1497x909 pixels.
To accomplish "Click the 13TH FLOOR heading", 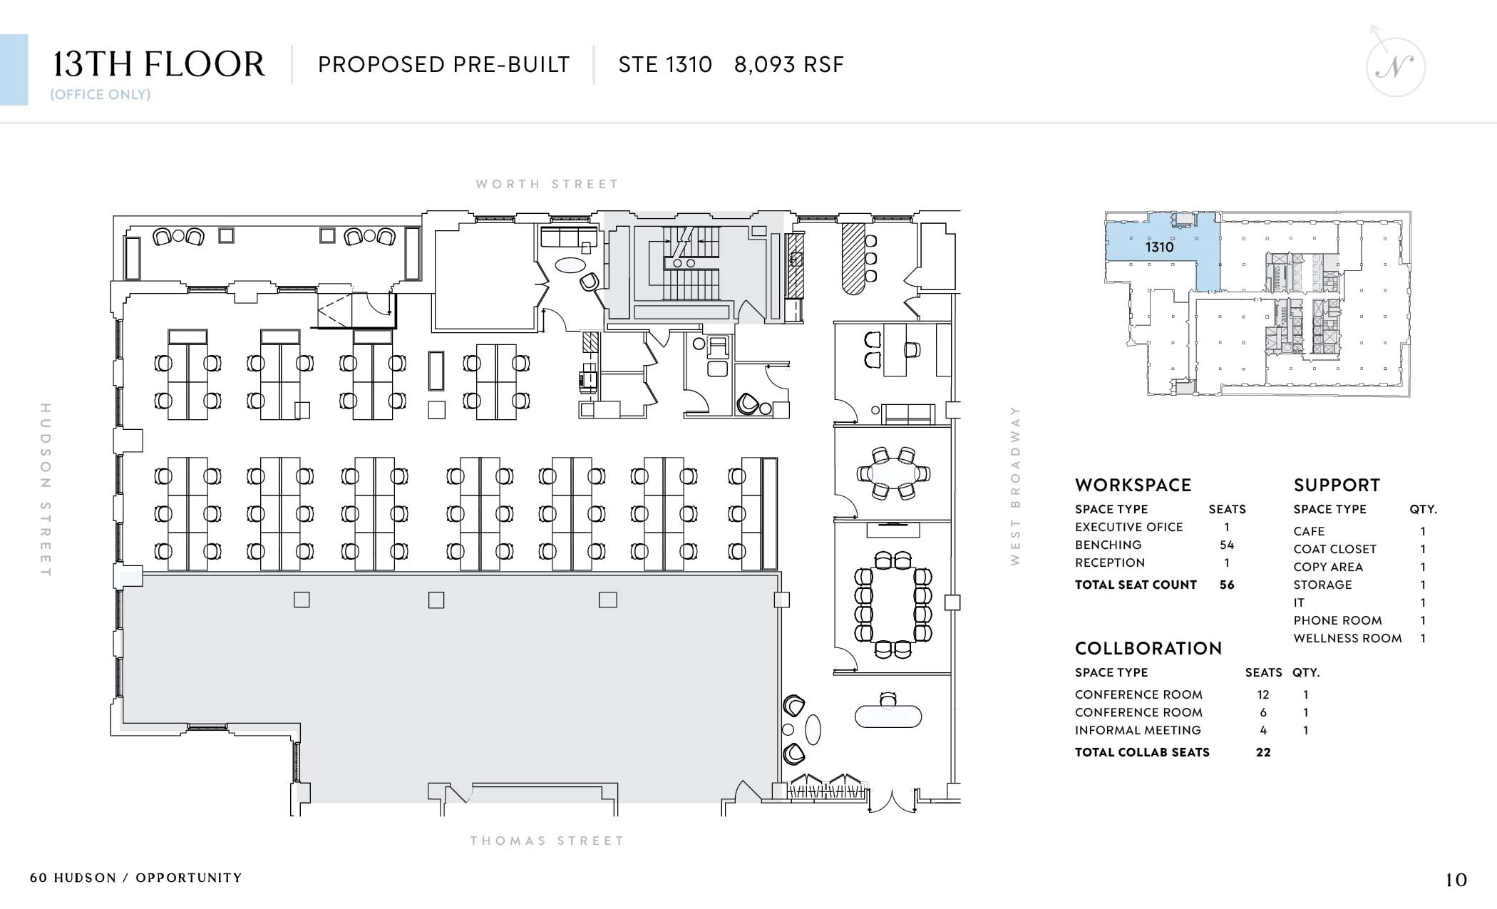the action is click(159, 64).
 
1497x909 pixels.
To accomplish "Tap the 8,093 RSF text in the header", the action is click(789, 65).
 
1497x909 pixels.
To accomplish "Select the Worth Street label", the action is click(547, 184).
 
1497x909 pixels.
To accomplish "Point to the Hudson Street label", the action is click(46, 490).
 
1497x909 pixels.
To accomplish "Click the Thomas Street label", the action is click(547, 841).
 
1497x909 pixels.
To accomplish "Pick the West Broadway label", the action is click(1015, 486).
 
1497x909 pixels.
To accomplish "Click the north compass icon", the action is click(1395, 65).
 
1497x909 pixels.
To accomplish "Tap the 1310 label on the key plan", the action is click(1159, 247).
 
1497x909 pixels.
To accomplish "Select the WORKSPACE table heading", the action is click(1133, 486).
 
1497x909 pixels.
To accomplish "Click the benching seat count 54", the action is click(1227, 545).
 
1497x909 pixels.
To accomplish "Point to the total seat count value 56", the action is click(1227, 585).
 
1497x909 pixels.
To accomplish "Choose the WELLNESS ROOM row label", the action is click(1347, 638).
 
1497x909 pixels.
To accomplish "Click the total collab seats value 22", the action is click(1263, 752).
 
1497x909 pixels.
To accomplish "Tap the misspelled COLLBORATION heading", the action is click(1148, 649).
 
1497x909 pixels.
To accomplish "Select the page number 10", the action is click(1456, 880).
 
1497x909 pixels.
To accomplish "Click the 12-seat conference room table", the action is click(892, 605).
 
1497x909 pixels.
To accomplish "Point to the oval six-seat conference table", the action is click(892, 473).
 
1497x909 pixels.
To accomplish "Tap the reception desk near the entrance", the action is click(888, 717).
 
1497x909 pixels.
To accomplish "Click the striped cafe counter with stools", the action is click(853, 258).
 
